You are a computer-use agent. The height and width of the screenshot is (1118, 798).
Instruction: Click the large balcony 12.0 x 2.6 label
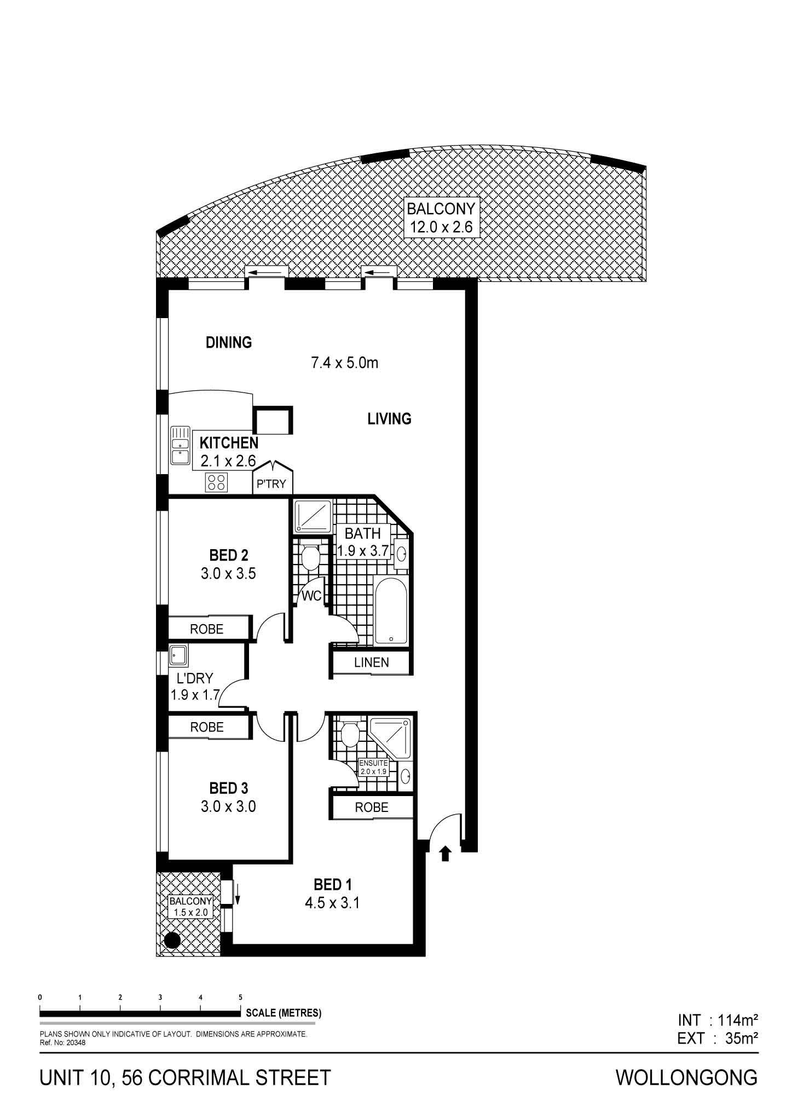pos(441,217)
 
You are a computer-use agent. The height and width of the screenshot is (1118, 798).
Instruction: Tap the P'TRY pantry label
pos(271,484)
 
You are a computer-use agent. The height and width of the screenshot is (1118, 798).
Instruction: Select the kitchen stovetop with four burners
pos(216,482)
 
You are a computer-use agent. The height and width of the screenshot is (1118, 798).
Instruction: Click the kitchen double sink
pos(180,445)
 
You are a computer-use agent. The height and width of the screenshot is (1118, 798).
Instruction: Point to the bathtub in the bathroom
pos(390,609)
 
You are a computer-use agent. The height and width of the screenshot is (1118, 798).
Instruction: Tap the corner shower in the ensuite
pos(390,737)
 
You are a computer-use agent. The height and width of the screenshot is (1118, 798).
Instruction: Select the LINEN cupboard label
pos(372,662)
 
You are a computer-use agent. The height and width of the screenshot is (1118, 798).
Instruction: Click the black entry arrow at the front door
pos(445,853)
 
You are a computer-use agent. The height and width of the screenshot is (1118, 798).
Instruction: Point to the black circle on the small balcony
pos(172,940)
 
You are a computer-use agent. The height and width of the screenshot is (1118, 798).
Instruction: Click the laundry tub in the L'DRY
pos(178,655)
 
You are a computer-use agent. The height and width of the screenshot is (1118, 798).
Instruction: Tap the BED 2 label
pos(229,555)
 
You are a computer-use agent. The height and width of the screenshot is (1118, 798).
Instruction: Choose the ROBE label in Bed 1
pos(372,808)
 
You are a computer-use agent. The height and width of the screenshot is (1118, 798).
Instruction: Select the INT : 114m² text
pos(718,1020)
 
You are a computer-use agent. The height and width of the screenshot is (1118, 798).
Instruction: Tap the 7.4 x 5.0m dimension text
pos(345,362)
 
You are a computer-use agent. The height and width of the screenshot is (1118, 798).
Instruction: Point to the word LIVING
pos(389,419)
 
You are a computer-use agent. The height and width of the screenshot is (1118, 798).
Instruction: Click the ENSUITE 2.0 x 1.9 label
pos(373,767)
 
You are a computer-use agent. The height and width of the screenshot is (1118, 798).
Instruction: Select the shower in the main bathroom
pos(313,516)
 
